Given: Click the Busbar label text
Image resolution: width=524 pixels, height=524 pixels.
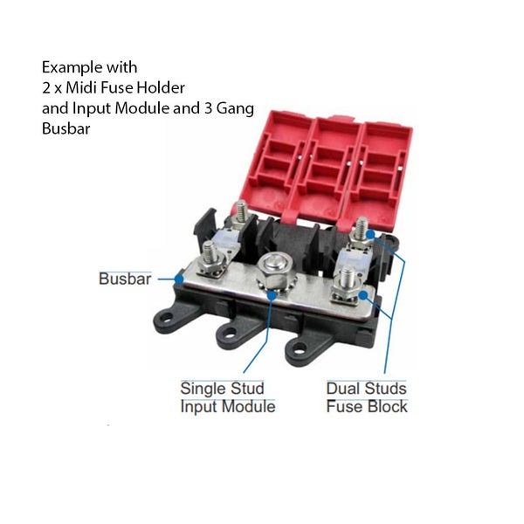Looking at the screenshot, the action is (125, 279).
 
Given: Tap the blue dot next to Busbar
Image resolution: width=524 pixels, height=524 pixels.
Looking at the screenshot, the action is (179, 279).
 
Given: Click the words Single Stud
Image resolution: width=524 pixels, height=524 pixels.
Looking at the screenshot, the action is (222, 389).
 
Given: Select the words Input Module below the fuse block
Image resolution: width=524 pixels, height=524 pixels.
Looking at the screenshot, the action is (228, 407).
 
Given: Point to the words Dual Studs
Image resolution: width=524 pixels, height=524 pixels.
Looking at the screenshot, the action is (366, 389).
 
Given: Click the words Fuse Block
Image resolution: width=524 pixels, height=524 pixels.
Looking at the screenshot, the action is (367, 407).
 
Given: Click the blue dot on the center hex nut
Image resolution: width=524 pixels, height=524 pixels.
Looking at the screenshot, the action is (272, 295).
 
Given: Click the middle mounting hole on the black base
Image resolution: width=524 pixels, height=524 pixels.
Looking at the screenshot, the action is (229, 332).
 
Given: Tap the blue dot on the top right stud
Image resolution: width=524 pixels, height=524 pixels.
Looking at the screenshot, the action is (370, 234).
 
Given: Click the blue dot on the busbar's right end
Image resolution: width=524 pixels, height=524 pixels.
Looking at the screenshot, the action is (363, 295).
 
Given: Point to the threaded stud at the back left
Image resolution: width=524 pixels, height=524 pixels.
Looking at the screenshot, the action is (241, 211).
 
